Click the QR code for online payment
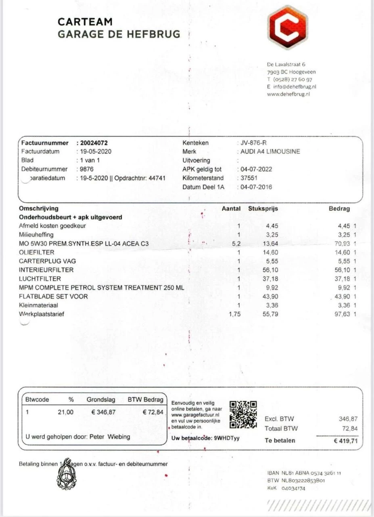point(243,414)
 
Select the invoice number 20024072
point(94,143)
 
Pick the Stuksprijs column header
point(263,209)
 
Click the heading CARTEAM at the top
point(85,22)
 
